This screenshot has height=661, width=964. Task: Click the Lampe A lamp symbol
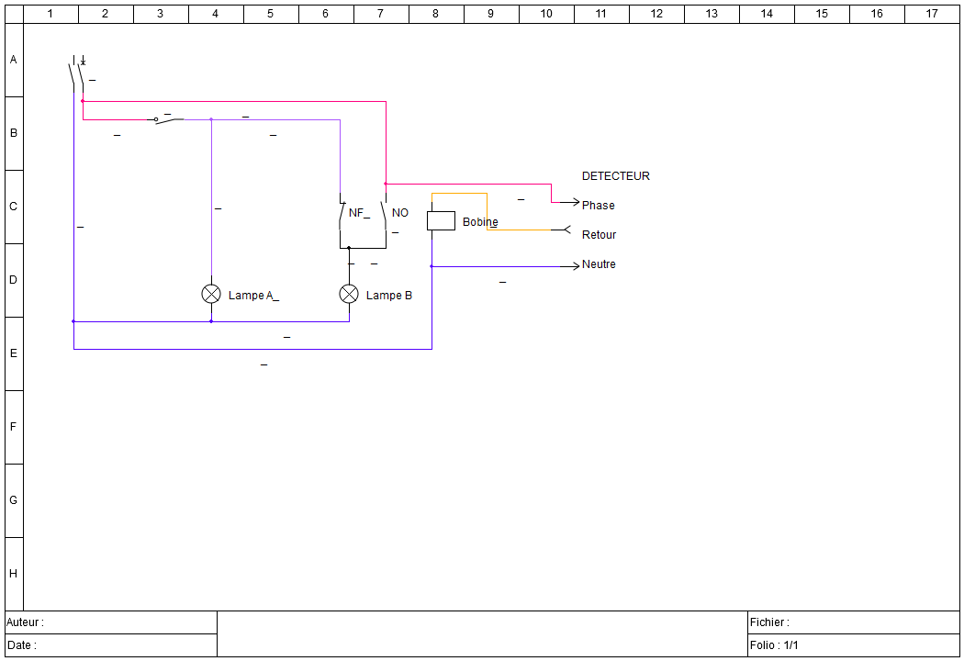(211, 294)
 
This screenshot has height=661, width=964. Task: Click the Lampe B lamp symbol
(349, 294)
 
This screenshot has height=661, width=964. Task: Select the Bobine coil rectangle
(441, 220)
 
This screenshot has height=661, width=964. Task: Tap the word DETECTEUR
(615, 176)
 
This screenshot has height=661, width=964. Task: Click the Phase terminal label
(598, 206)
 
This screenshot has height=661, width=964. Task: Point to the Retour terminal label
(599, 235)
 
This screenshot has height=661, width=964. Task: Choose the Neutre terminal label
(599, 264)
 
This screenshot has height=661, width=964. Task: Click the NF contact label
(357, 213)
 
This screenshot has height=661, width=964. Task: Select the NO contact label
(400, 213)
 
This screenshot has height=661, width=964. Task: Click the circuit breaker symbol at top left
(77, 72)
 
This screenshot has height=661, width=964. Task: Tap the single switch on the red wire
(168, 119)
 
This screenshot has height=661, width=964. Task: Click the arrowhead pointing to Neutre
(575, 266)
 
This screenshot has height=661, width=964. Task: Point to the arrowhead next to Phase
(575, 202)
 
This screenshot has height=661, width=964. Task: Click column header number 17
(932, 14)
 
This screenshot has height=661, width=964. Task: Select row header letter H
(13, 574)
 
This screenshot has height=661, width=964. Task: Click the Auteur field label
(25, 622)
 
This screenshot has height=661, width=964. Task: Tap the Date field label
(21, 645)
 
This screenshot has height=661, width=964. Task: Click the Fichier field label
(769, 622)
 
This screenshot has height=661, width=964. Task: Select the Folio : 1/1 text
(774, 645)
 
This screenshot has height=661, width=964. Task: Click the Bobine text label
(480, 222)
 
